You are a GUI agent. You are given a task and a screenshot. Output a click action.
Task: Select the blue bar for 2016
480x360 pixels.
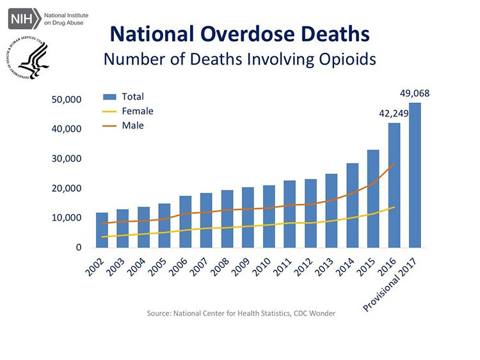coord(394,185)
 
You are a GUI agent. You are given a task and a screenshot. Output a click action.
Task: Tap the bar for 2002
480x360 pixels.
coord(102,230)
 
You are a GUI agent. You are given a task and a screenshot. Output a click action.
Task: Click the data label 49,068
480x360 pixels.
coord(415,94)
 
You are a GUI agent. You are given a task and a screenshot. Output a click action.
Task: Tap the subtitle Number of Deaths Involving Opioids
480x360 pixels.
coord(239,59)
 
